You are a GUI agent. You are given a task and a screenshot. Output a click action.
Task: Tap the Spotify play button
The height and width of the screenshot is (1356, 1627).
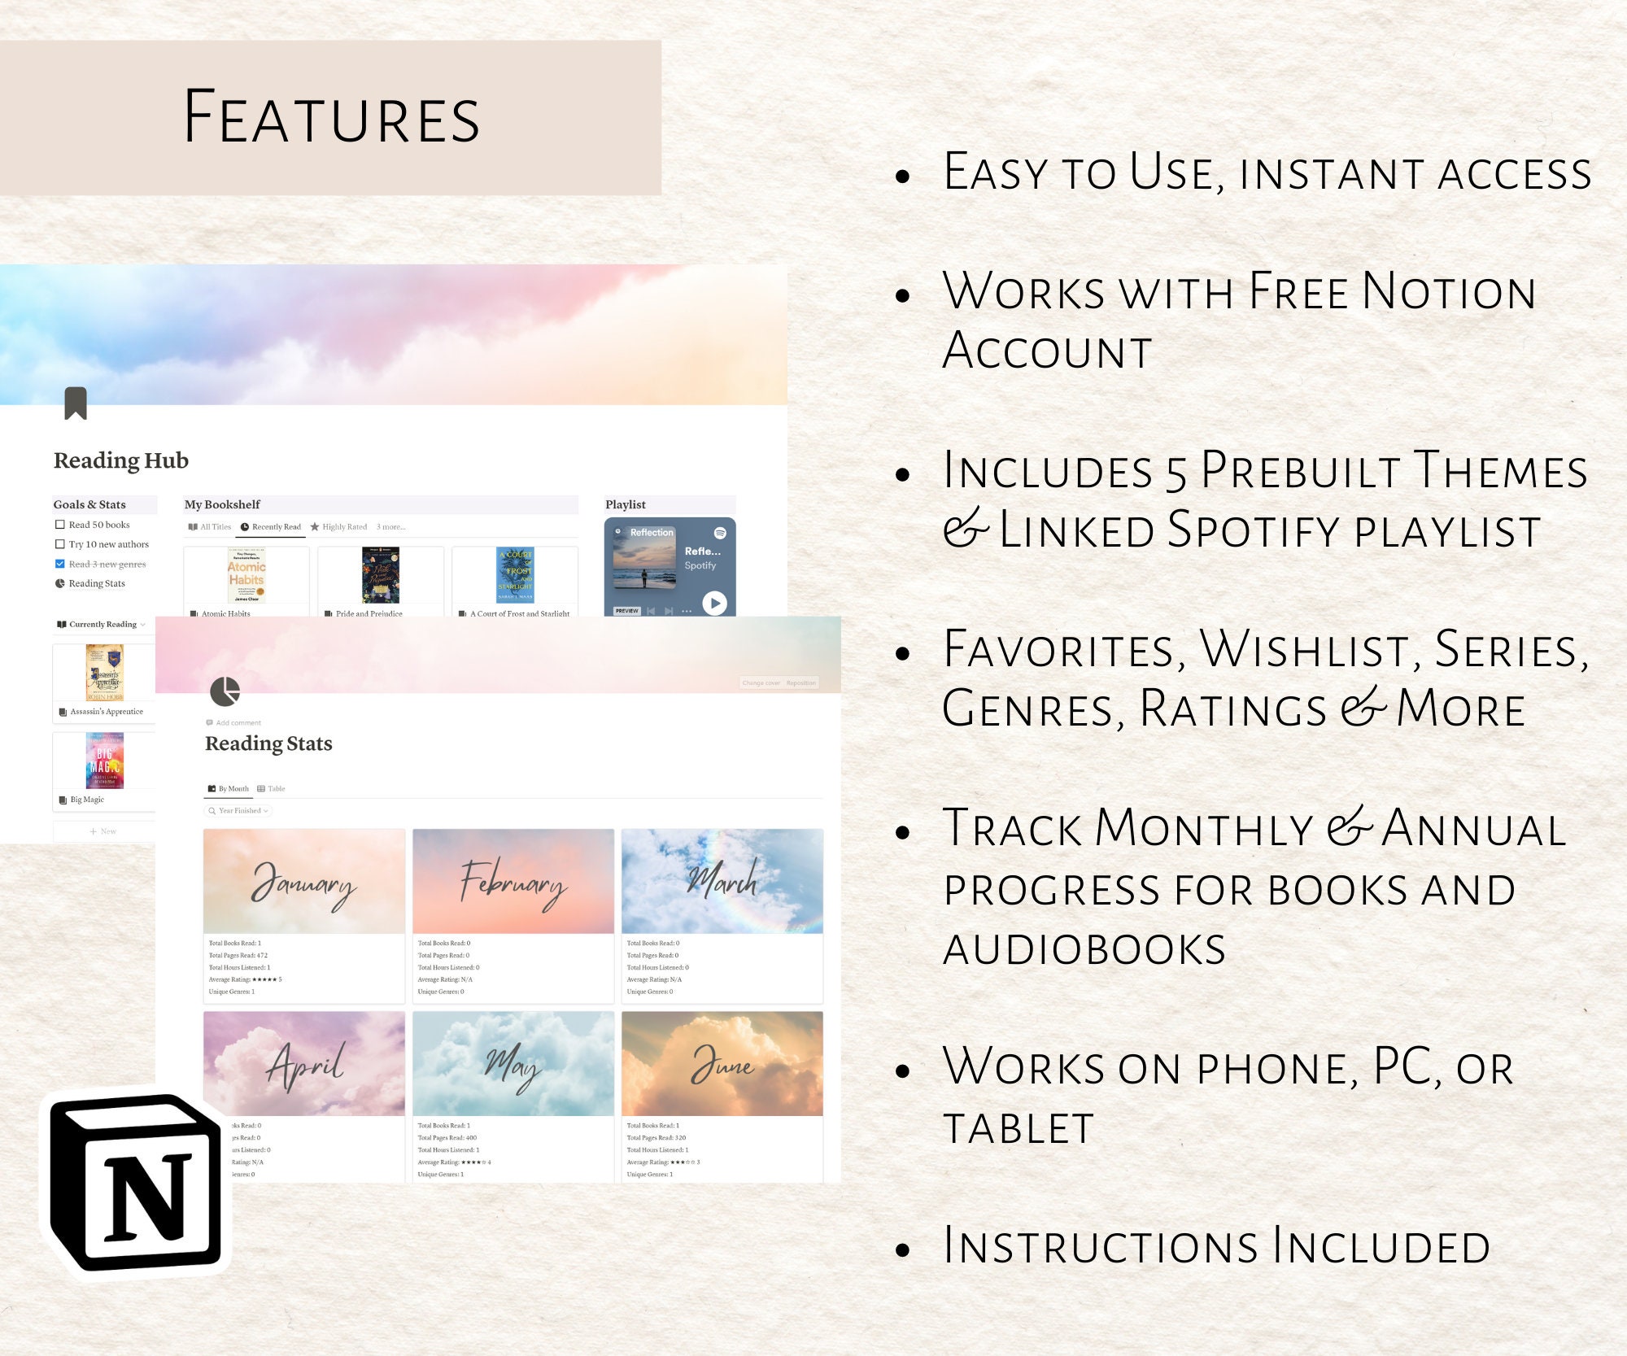click(x=713, y=603)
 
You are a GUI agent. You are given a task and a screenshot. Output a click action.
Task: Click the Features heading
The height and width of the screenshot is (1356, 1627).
click(x=332, y=118)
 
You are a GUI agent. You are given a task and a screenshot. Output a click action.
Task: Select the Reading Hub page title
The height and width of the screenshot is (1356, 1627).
click(x=121, y=460)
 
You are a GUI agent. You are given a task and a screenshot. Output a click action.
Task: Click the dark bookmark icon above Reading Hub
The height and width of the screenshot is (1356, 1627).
click(x=76, y=403)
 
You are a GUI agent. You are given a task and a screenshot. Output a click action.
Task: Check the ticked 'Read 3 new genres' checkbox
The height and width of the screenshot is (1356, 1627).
click(x=60, y=564)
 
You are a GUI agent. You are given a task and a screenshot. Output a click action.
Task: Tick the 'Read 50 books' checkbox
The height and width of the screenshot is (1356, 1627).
click(x=60, y=525)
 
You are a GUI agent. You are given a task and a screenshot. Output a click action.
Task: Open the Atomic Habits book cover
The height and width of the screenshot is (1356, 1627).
click(x=246, y=574)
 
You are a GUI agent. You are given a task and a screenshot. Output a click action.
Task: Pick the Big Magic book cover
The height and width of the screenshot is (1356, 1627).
click(x=105, y=761)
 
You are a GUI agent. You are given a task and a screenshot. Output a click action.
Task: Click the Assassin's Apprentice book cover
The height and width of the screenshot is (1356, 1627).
click(x=105, y=673)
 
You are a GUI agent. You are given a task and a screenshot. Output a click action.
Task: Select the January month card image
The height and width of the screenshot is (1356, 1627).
click(x=303, y=881)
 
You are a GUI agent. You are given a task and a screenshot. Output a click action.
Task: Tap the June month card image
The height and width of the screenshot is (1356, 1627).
click(x=722, y=1063)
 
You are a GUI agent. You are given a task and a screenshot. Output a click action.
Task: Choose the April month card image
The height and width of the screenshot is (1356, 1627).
click(x=303, y=1063)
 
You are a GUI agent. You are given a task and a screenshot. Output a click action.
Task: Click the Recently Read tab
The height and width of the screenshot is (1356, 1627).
click(x=272, y=527)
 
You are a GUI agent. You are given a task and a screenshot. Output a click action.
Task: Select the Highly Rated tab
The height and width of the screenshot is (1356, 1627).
click(x=339, y=527)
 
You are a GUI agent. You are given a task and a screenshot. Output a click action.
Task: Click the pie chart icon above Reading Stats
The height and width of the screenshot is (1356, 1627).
click(x=225, y=691)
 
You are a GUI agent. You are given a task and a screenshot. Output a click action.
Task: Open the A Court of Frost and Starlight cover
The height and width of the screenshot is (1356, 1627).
click(x=515, y=574)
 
